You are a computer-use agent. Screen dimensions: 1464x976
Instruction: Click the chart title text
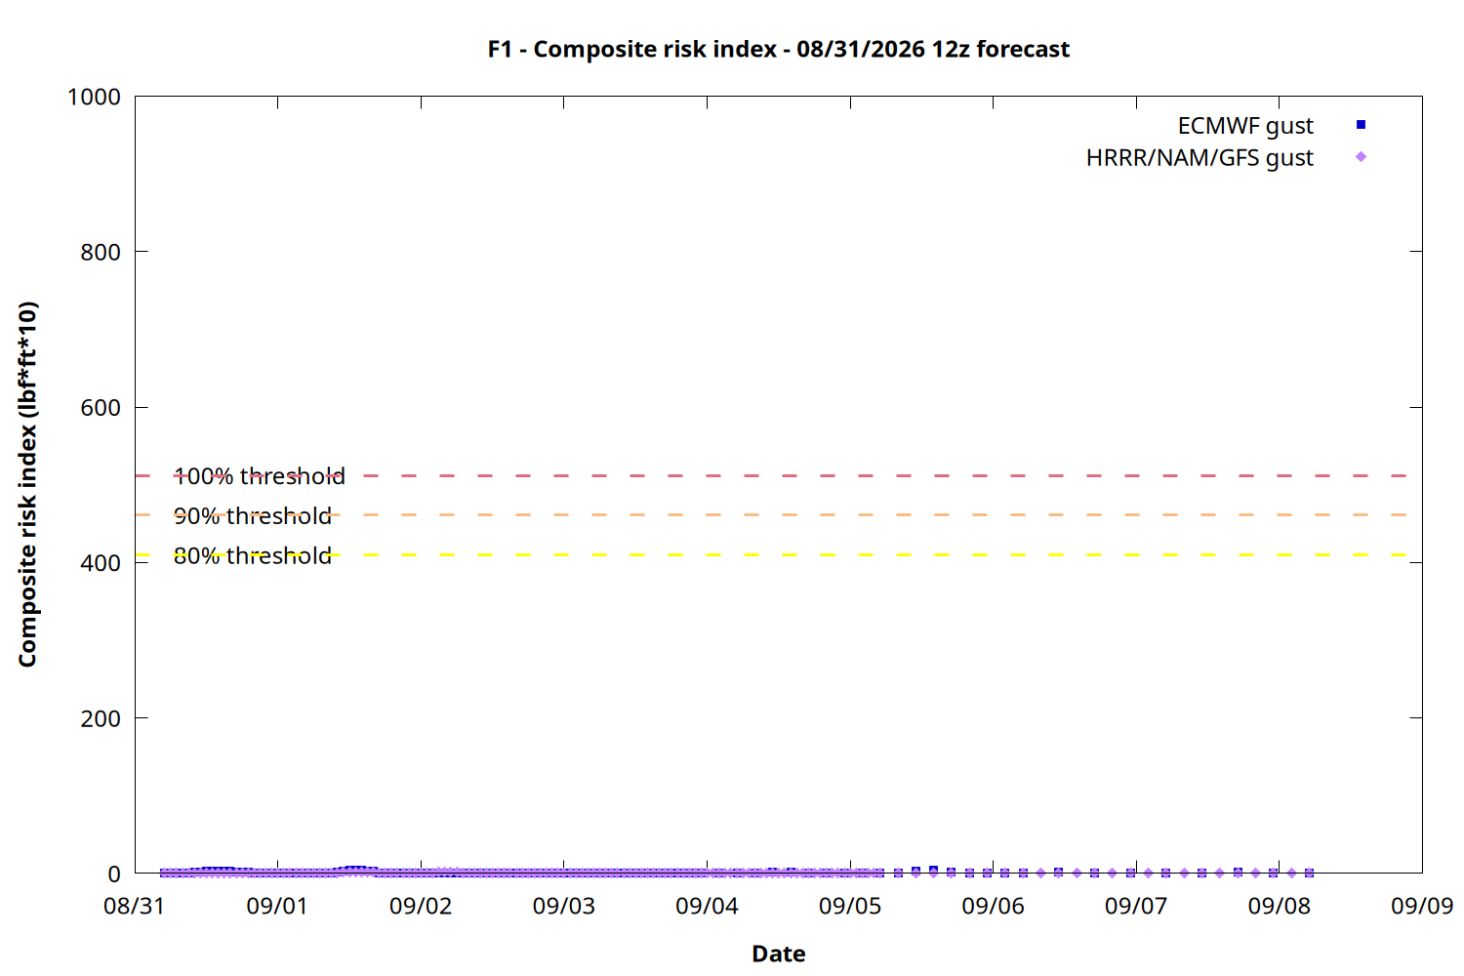coord(779,49)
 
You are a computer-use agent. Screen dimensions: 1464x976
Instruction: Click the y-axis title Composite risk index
coord(27,484)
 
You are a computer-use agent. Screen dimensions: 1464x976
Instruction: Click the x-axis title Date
coord(779,954)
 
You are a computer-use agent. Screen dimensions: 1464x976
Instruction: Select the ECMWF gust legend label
coord(1245,126)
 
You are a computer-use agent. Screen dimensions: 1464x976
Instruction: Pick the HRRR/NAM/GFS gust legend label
coord(1200,157)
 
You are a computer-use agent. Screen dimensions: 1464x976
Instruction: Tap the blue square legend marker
coord(1361,124)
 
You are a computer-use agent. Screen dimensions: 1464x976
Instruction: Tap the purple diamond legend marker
coord(1361,157)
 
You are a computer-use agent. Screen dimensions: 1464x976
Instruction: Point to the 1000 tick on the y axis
coord(94,97)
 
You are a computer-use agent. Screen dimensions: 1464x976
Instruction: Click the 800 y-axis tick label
coord(101,252)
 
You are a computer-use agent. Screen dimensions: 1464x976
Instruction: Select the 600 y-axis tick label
coord(101,407)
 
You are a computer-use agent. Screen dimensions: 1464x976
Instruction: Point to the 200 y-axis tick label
coord(101,718)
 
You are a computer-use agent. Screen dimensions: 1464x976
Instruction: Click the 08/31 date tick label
coord(134,906)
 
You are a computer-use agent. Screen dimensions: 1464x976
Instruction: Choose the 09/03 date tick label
coord(563,906)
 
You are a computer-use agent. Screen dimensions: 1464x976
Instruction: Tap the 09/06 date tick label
coord(993,906)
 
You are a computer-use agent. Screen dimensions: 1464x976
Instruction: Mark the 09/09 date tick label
coord(1422,906)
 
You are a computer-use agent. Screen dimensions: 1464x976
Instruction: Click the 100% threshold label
coord(259,476)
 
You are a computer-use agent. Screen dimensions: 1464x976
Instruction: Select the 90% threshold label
coord(252,516)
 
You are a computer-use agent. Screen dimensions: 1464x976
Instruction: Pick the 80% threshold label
coord(252,556)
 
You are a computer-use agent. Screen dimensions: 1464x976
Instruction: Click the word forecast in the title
coord(1023,49)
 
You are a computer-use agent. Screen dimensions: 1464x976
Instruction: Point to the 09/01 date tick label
coord(277,906)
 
